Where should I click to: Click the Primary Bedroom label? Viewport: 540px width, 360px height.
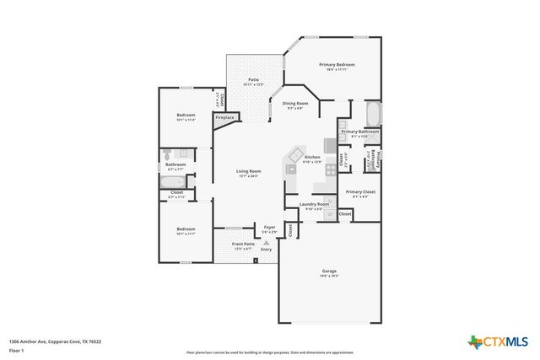337,65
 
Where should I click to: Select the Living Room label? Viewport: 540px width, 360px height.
248,171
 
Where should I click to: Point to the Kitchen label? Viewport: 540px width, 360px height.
312,158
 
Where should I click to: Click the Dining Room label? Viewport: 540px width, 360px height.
297,104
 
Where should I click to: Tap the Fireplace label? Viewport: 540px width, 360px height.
224,118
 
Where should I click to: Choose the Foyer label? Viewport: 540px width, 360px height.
270,228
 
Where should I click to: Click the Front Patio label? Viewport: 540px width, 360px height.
244,244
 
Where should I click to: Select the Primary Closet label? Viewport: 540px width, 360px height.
358,192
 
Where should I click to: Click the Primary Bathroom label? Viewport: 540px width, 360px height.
359,132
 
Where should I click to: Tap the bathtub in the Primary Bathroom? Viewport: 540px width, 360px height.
372,113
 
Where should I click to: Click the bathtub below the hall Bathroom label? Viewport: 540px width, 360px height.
175,180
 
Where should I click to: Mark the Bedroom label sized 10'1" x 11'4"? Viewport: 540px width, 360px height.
186,115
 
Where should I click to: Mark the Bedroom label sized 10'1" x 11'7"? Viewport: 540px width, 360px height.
186,228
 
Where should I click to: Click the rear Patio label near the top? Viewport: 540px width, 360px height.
253,80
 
